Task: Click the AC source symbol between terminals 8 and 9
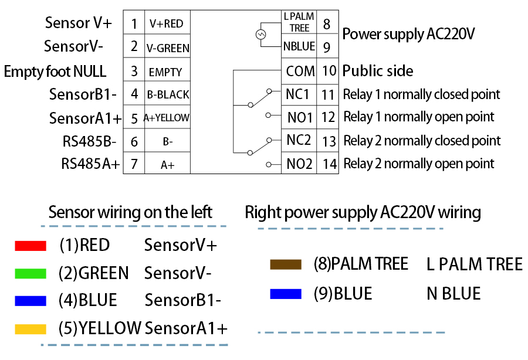click(260, 35)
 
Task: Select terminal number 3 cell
click(134, 72)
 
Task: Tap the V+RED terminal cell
click(167, 24)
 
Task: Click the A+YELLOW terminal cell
click(167, 118)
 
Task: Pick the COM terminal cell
click(300, 71)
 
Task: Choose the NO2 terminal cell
click(300, 164)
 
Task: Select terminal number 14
click(330, 164)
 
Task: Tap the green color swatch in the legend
click(30, 273)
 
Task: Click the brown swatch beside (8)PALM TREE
click(285, 264)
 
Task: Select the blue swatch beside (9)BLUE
click(285, 294)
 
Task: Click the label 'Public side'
click(378, 72)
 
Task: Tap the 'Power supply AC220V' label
click(408, 34)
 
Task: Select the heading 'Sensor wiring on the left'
click(130, 212)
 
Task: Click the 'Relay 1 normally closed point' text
click(421, 94)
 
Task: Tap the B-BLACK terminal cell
click(168, 94)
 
